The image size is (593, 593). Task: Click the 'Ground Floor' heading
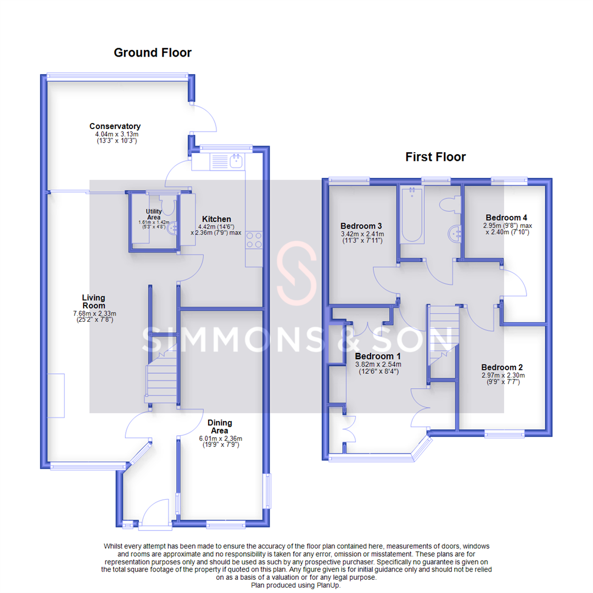(153, 53)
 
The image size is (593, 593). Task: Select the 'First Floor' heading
(435, 157)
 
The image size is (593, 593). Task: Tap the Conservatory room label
(115, 126)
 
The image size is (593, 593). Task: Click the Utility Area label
(154, 214)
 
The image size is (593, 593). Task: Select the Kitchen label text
(216, 219)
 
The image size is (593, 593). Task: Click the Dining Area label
(220, 427)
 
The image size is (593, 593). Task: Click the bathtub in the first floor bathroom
(412, 215)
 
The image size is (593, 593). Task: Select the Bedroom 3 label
(361, 226)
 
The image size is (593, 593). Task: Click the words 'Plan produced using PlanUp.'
(296, 585)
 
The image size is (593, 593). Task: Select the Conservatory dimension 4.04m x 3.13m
(115, 134)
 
